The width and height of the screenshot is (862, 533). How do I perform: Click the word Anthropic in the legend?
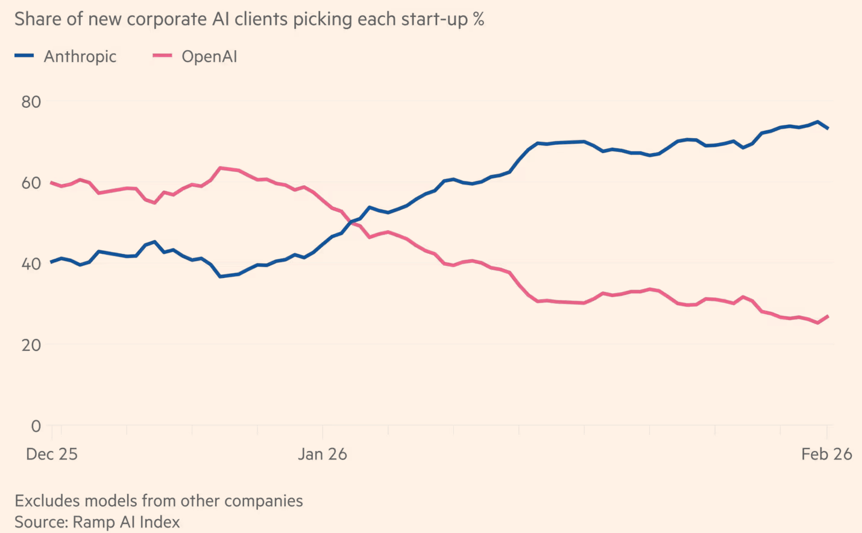(x=80, y=57)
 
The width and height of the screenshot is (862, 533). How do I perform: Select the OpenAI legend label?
(x=209, y=57)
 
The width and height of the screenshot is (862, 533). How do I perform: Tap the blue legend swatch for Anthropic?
(x=24, y=55)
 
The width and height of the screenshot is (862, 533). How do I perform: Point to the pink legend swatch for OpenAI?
(x=162, y=55)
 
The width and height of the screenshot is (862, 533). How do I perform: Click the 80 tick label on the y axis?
(x=31, y=102)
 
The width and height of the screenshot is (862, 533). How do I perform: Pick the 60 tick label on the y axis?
(x=31, y=183)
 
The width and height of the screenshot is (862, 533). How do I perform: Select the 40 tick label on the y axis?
(x=31, y=264)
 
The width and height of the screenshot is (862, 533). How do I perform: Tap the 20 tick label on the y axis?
(x=31, y=345)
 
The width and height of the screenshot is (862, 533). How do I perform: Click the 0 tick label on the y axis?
(x=36, y=426)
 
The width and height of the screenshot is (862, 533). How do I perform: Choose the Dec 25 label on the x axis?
(x=52, y=455)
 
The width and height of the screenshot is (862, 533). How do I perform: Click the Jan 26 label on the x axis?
(x=322, y=455)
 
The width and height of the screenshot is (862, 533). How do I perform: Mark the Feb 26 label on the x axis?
(x=826, y=455)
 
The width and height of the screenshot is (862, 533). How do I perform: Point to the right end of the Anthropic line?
(x=828, y=128)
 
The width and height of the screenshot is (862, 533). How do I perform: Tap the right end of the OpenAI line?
(x=828, y=316)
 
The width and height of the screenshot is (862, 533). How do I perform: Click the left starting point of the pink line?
(x=51, y=182)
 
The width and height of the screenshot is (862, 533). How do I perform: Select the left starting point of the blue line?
(x=51, y=262)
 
